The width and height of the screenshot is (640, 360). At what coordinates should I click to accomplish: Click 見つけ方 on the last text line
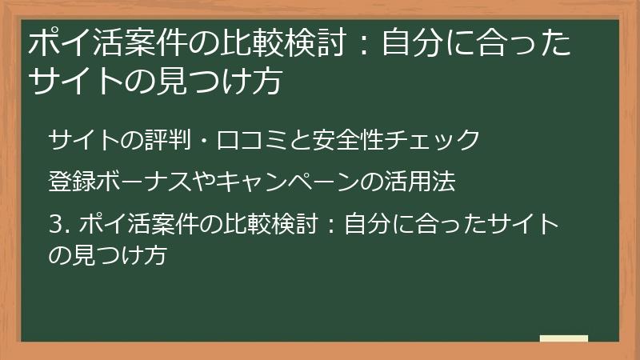(x=119, y=255)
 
